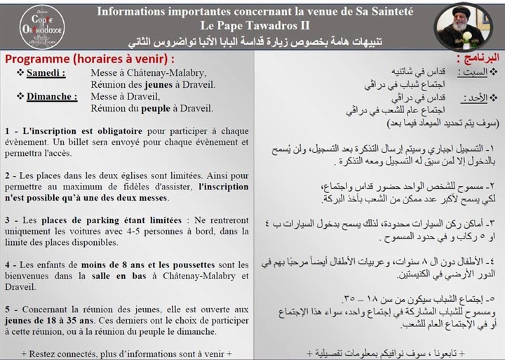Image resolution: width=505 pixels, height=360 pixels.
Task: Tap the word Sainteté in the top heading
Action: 389,11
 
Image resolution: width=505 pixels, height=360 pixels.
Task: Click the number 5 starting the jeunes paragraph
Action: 6,309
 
